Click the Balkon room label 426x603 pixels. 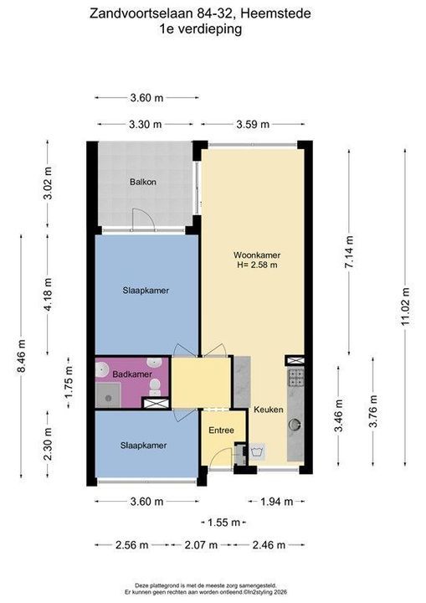143,182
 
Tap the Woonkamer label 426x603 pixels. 257,255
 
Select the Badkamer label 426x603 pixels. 132,374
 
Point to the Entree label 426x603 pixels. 222,430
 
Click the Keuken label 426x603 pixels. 269,410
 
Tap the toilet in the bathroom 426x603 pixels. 155,387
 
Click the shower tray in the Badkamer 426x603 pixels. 108,395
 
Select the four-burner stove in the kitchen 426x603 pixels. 296,377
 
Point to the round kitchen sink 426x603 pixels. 295,425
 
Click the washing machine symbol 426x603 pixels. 256,452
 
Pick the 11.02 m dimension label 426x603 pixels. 405,307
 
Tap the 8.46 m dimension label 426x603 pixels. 21,356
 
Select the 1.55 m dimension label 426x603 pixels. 223,523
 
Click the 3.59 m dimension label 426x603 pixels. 253,124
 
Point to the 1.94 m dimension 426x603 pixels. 276,502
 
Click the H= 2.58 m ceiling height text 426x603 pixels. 257,265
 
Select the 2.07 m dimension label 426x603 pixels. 201,545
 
